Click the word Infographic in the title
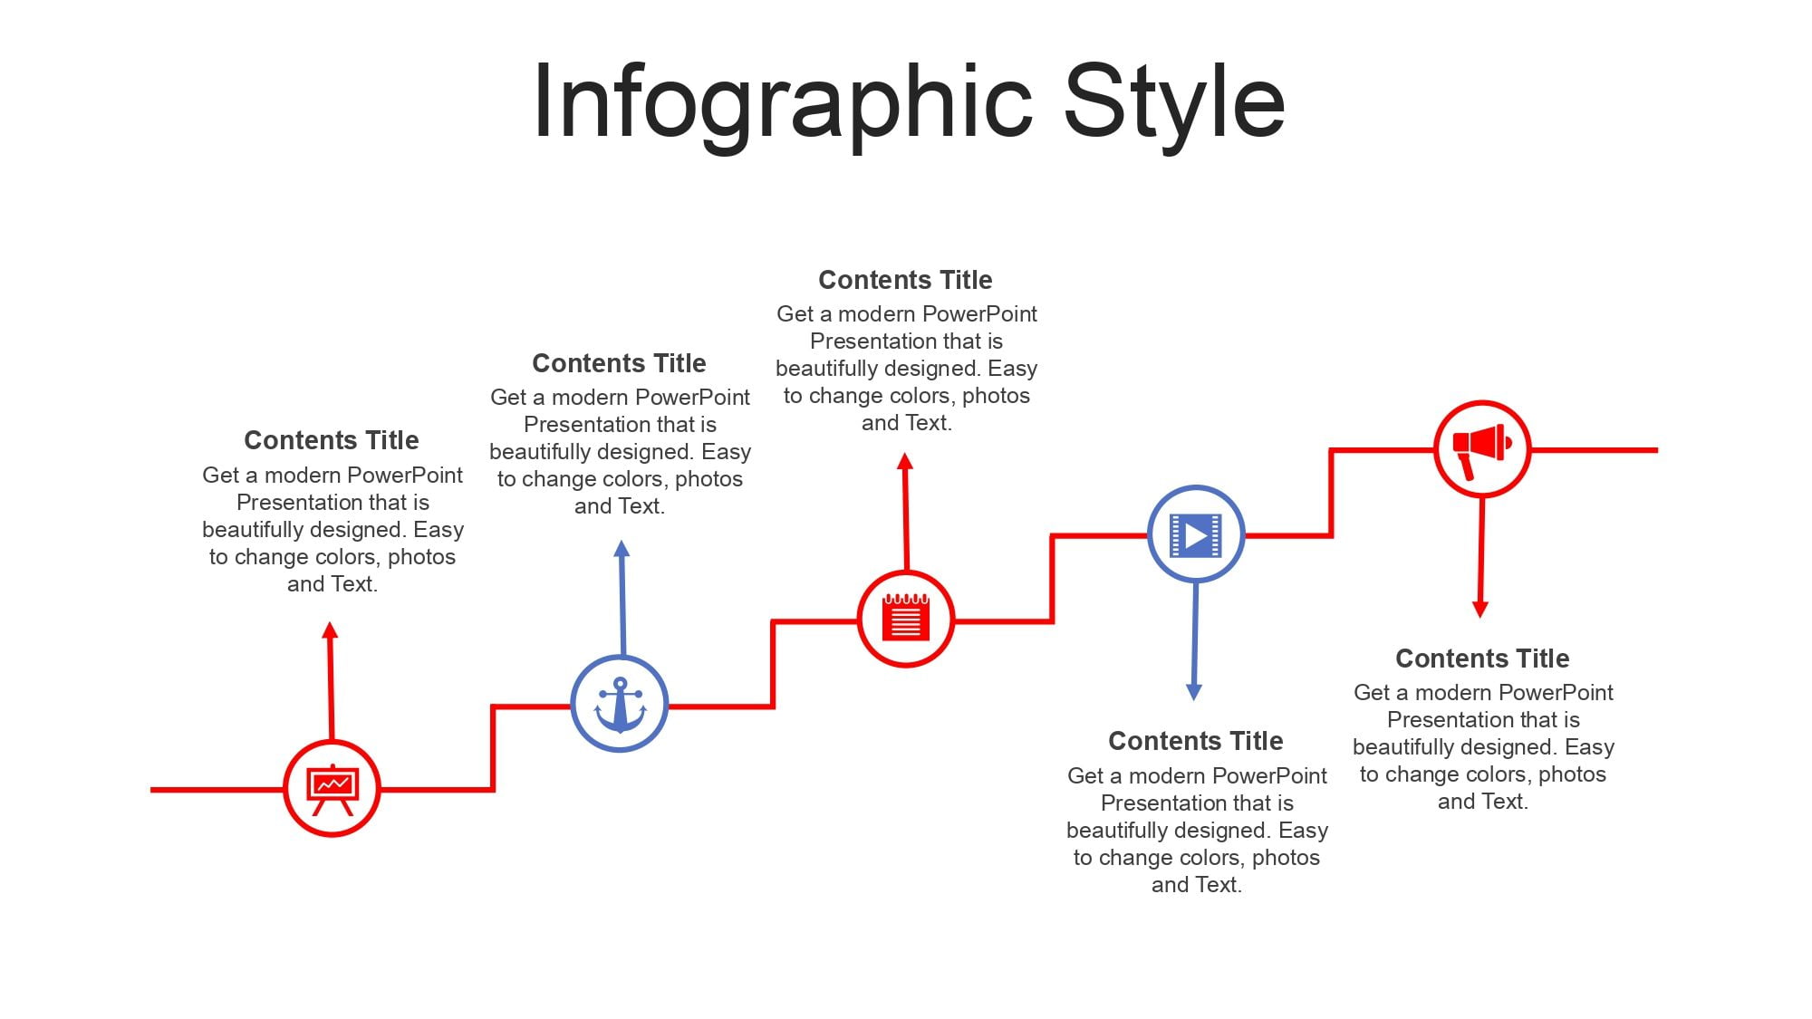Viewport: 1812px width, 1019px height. pos(783,101)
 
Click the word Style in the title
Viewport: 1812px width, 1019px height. pos(1174,101)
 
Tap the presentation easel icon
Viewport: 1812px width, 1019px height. pos(332,789)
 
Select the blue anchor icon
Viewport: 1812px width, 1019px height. pos(620,704)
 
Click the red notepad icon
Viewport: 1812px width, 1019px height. pos(906,618)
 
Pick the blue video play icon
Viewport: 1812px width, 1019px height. pos(1196,535)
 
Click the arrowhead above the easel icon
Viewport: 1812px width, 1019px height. pos(330,630)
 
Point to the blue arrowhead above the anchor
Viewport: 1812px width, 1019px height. pos(622,548)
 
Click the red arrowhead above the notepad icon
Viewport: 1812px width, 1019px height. pos(904,461)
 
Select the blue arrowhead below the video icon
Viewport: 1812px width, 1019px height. pos(1194,693)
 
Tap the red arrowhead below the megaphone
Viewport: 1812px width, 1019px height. pos(1480,610)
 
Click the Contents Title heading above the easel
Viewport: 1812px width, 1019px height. pos(332,440)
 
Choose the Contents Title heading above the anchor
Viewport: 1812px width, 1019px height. pos(620,363)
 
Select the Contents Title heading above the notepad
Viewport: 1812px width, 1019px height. pos(906,280)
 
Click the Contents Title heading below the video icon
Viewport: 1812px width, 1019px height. pos(1196,741)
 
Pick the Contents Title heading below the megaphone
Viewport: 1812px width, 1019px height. pos(1482,659)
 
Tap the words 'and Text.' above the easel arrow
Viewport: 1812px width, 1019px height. pos(333,584)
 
